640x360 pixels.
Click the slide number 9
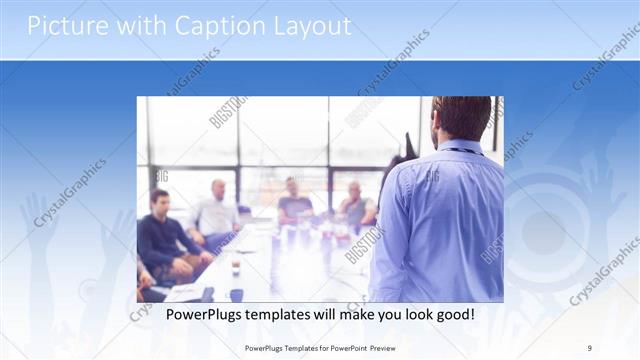point(590,348)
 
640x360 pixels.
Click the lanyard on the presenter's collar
point(462,150)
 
